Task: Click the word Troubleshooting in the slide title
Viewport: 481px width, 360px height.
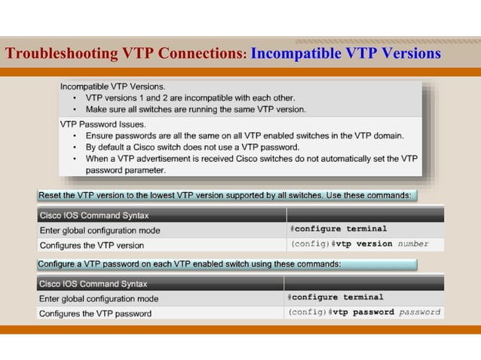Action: [61, 53]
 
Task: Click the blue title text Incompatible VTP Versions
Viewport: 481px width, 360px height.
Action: [345, 53]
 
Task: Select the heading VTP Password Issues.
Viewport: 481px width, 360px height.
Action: [103, 124]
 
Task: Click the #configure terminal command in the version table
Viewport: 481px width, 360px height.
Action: [339, 229]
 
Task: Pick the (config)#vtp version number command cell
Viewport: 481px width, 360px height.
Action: [360, 244]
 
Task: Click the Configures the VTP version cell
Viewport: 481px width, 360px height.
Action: [91, 245]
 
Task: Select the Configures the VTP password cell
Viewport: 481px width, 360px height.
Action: [95, 313]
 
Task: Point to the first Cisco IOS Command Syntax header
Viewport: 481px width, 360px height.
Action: [93, 215]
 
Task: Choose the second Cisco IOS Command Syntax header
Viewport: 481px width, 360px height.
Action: [93, 284]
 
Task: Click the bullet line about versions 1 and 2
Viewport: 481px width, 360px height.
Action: [190, 98]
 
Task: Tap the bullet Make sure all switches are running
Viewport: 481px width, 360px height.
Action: [195, 109]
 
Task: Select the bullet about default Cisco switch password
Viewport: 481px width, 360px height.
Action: [192, 147]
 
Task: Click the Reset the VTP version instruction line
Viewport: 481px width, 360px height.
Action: [225, 195]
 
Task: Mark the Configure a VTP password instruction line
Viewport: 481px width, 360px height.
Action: [189, 264]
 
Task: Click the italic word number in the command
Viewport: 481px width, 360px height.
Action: [413, 244]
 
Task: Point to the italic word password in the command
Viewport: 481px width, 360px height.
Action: [419, 312]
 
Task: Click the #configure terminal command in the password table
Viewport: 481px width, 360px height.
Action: [335, 297]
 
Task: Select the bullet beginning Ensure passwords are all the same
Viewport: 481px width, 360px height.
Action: [244, 136]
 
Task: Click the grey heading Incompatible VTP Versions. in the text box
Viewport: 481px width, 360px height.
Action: [113, 86]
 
